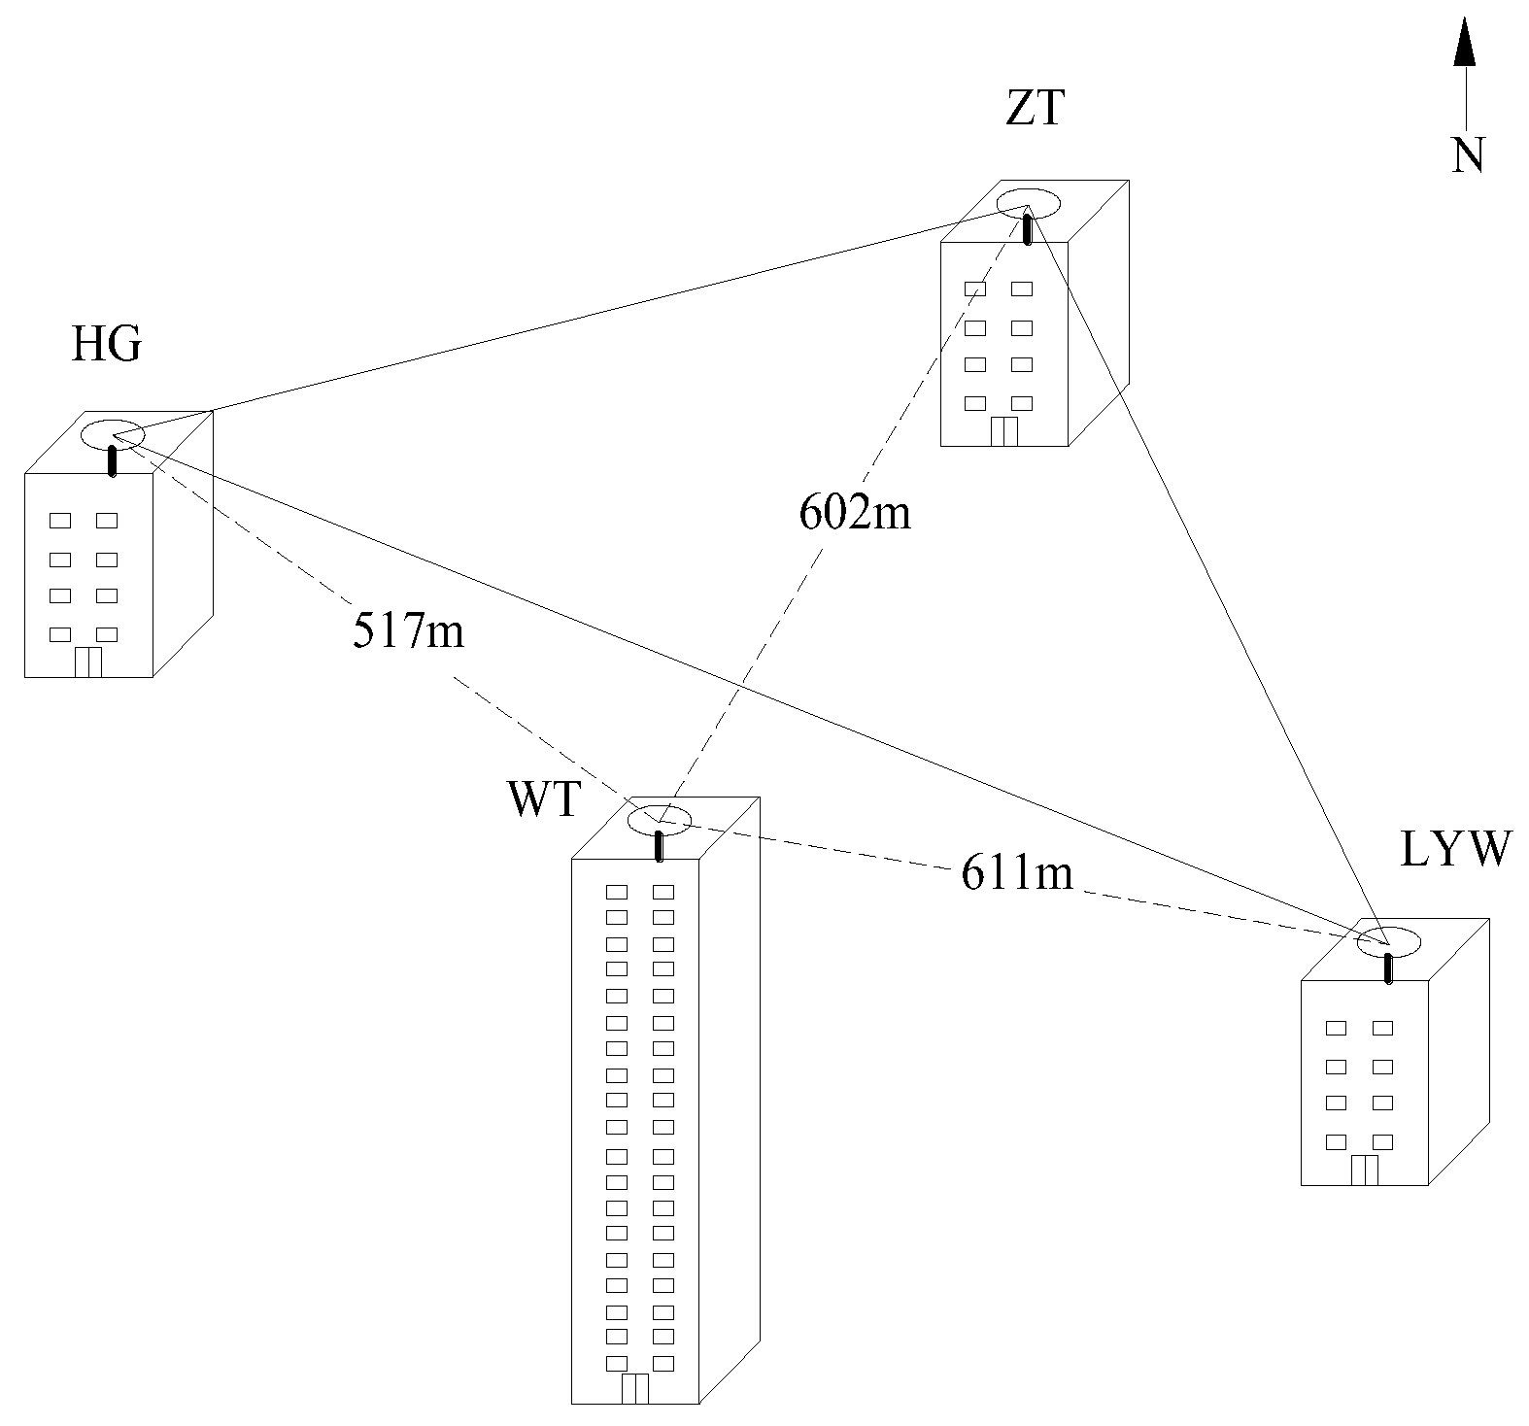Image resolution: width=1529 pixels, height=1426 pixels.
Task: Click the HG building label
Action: pyautogui.click(x=106, y=344)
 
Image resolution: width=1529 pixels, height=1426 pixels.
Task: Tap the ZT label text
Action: pyautogui.click(x=1035, y=109)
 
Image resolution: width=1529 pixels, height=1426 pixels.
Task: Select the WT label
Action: pyautogui.click(x=543, y=801)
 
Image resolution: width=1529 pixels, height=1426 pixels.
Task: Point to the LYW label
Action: pyautogui.click(x=1456, y=849)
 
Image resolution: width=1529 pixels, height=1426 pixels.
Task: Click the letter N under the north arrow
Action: pyautogui.click(x=1468, y=153)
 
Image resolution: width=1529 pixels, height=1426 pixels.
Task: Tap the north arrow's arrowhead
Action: pyautogui.click(x=1466, y=45)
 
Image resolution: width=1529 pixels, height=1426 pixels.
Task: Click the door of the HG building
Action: pyautogui.click(x=88, y=661)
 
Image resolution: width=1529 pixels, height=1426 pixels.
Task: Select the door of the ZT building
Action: pyautogui.click(x=1004, y=430)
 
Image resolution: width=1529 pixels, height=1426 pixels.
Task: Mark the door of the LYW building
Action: pyautogui.click(x=1364, y=1170)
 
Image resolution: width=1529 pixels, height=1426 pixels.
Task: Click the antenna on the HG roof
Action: pyautogui.click(x=113, y=460)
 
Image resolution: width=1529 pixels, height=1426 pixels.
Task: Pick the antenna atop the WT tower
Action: pyautogui.click(x=660, y=845)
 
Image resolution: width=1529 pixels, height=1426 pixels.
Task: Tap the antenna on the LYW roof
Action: pyautogui.click(x=1388, y=968)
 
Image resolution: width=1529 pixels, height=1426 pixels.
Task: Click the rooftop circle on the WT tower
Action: pyautogui.click(x=660, y=820)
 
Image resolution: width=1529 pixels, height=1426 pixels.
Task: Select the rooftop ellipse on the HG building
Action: pyautogui.click(x=113, y=434)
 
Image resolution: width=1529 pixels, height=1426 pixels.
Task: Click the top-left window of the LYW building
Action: pyautogui.click(x=1337, y=1028)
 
